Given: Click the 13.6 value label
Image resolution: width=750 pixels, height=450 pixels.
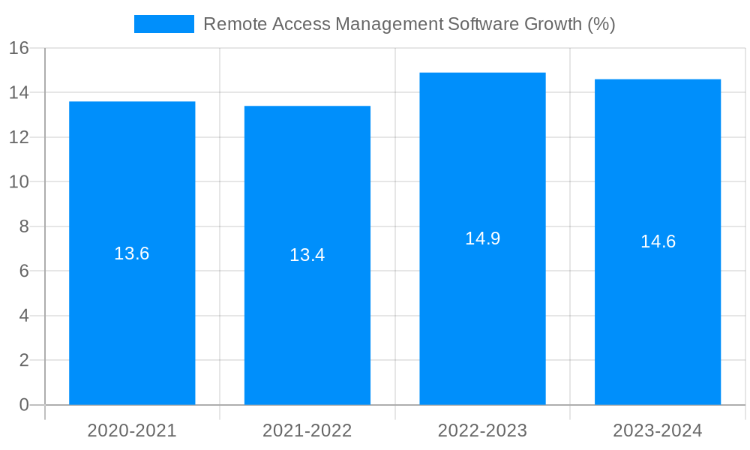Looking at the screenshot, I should (x=132, y=253).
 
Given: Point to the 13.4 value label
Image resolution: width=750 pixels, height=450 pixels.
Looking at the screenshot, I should (x=307, y=255).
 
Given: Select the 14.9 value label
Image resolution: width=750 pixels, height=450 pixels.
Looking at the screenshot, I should (x=482, y=238).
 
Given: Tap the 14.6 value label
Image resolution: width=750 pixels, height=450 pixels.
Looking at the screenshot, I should (x=658, y=241).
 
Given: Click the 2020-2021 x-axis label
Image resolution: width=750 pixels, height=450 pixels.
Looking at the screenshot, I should (x=132, y=430).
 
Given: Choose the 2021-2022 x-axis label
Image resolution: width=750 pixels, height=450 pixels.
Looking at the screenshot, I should (x=307, y=430).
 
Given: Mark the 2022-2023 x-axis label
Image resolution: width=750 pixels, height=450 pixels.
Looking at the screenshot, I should (x=482, y=430).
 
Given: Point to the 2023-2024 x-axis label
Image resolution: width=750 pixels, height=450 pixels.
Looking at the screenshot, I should (x=658, y=430).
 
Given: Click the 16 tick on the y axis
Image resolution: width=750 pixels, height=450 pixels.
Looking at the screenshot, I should (x=19, y=48).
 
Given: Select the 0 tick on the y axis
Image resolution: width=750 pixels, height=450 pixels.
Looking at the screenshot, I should (x=23, y=405).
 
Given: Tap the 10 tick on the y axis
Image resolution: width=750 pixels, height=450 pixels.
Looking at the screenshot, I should (x=19, y=181).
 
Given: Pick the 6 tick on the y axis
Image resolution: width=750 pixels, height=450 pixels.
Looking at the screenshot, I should (x=23, y=271).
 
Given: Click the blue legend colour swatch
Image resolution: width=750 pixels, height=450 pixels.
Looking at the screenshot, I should (x=163, y=24).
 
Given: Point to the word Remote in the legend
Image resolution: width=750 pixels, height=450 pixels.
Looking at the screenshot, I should (x=231, y=24).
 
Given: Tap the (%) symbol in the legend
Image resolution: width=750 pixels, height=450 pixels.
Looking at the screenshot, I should (x=601, y=24).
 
